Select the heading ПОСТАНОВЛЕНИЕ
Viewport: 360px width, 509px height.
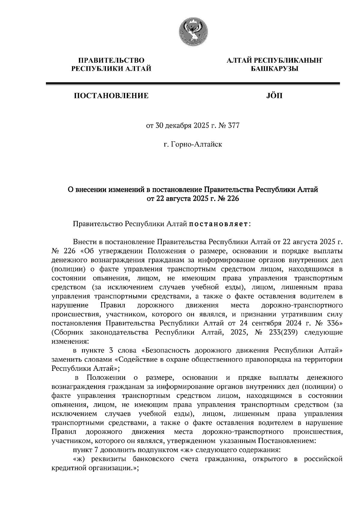(111, 96)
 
